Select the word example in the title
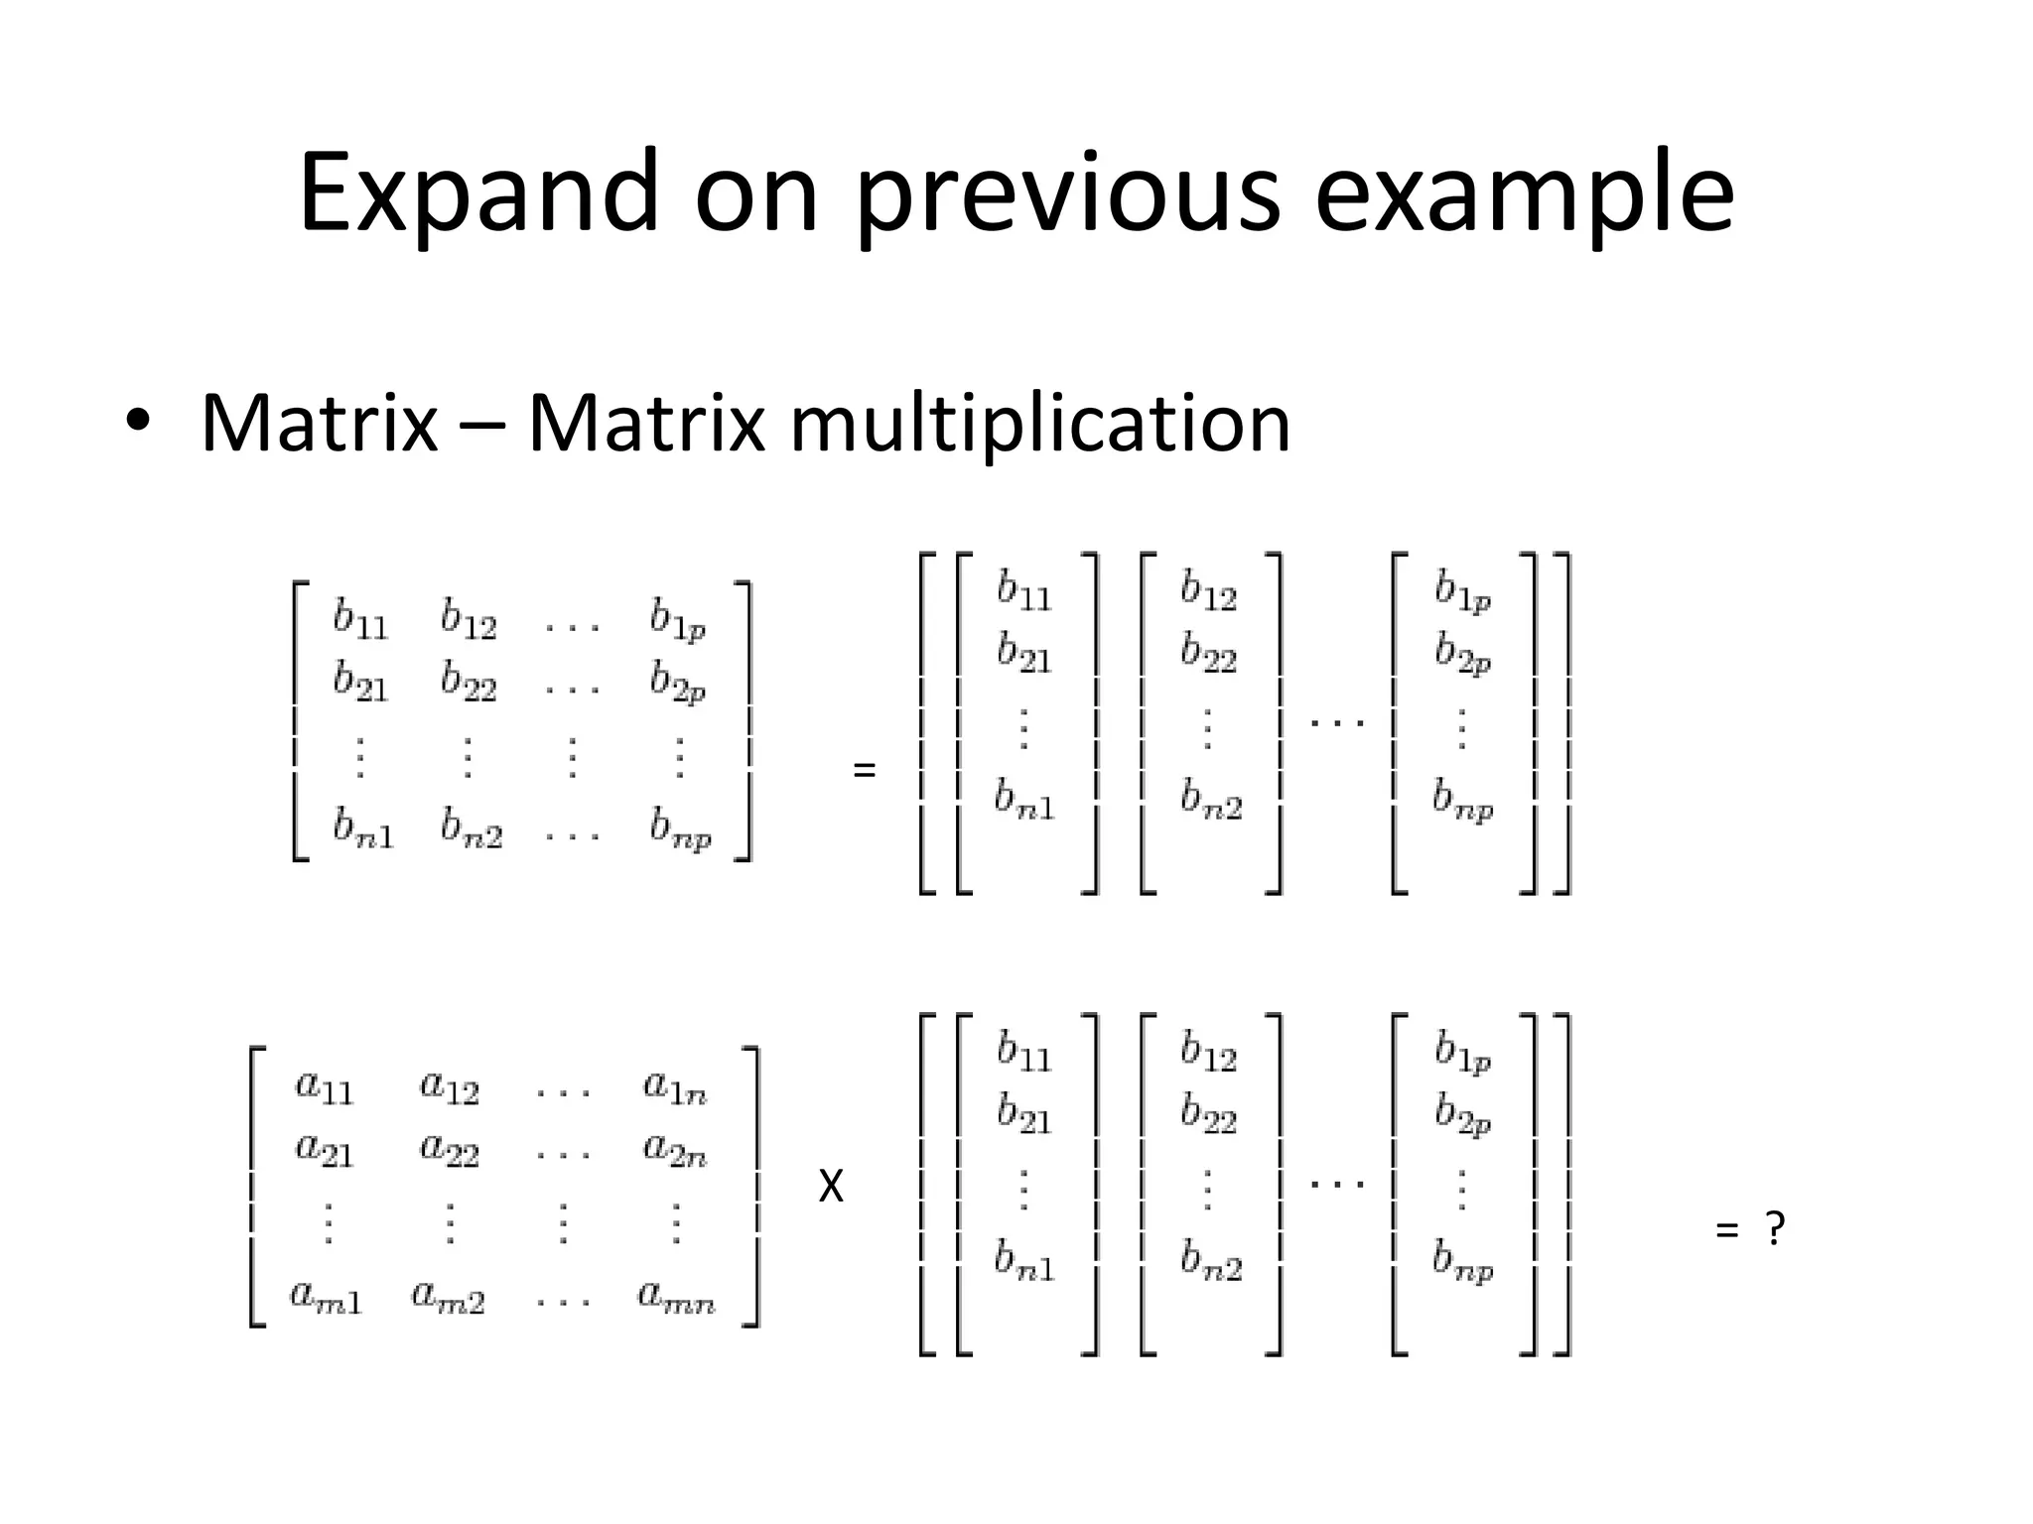pos(1524,193)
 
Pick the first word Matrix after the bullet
pos(319,425)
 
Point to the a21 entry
pos(324,1151)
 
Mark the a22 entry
pos(449,1151)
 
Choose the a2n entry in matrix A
pos(675,1151)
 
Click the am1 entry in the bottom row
pos(326,1297)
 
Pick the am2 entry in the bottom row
pos(449,1297)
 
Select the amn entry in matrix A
pos(676,1297)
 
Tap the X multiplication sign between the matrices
pos(831,1187)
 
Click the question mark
pos(1775,1230)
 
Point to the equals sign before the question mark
pos(1726,1231)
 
